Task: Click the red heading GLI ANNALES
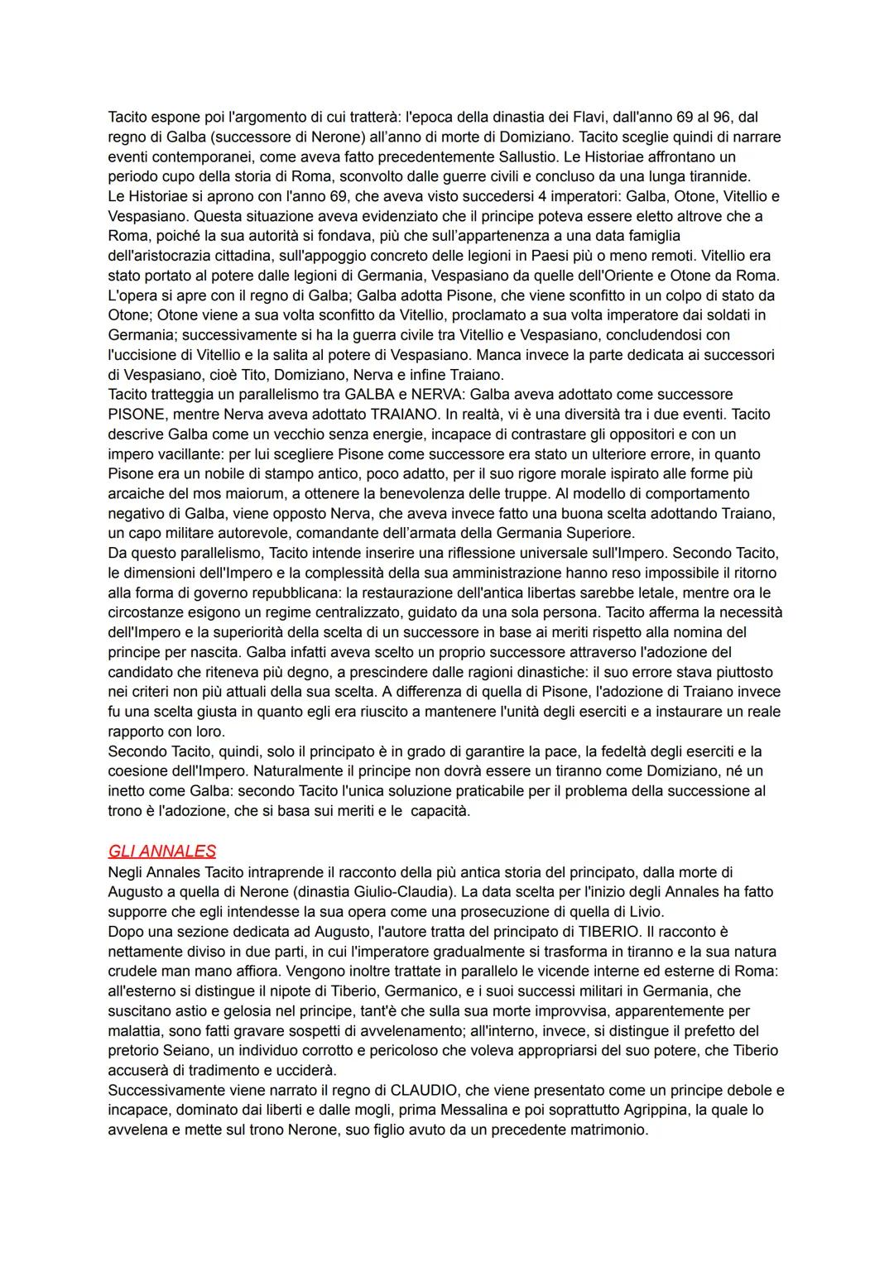pyautogui.click(x=162, y=851)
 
